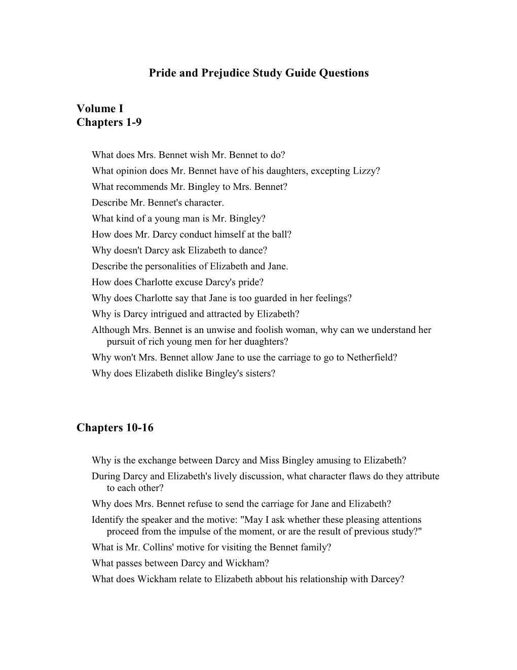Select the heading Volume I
(100, 109)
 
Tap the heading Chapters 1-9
(109, 123)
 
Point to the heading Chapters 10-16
(115, 428)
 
